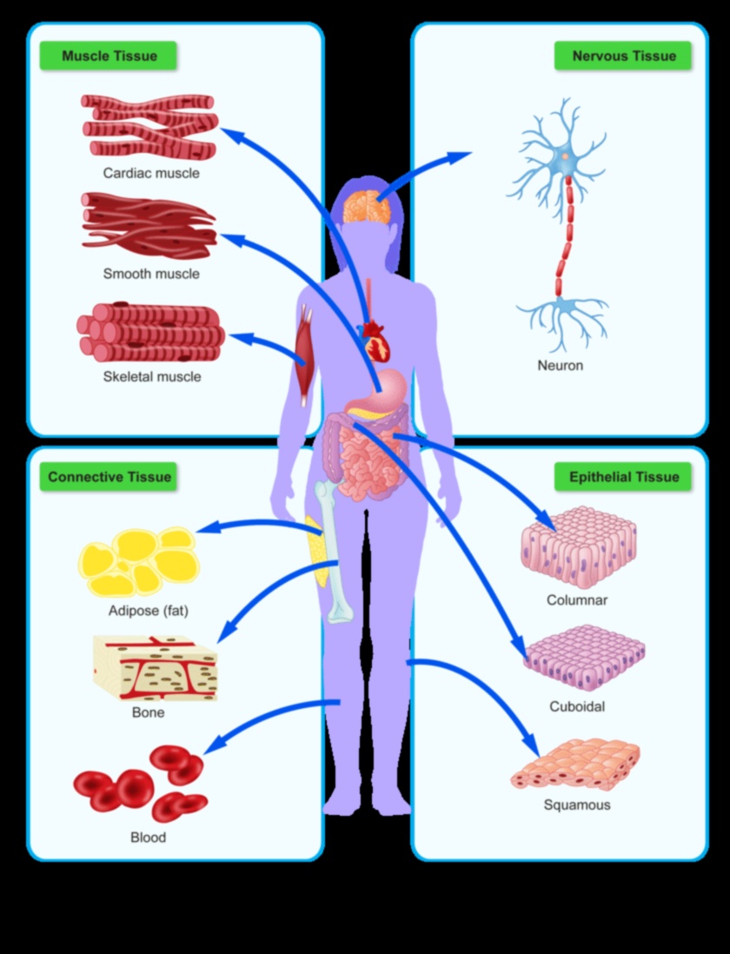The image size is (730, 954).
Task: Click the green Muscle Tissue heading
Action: point(109,56)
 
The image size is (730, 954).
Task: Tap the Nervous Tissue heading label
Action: point(623,56)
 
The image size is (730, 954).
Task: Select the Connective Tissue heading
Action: point(109,477)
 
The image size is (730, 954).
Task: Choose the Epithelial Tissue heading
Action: point(623,477)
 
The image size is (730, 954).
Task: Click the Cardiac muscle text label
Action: point(151,173)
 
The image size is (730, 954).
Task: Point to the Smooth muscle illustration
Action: point(148,226)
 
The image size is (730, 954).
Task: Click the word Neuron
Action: point(560,366)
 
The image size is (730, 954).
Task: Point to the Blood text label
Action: point(148,838)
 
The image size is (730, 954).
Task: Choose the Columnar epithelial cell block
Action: point(579,547)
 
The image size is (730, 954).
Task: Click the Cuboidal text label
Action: point(577,706)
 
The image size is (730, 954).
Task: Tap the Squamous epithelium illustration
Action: point(575,765)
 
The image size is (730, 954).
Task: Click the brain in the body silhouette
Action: point(369,206)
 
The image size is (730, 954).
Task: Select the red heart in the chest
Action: point(379,341)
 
